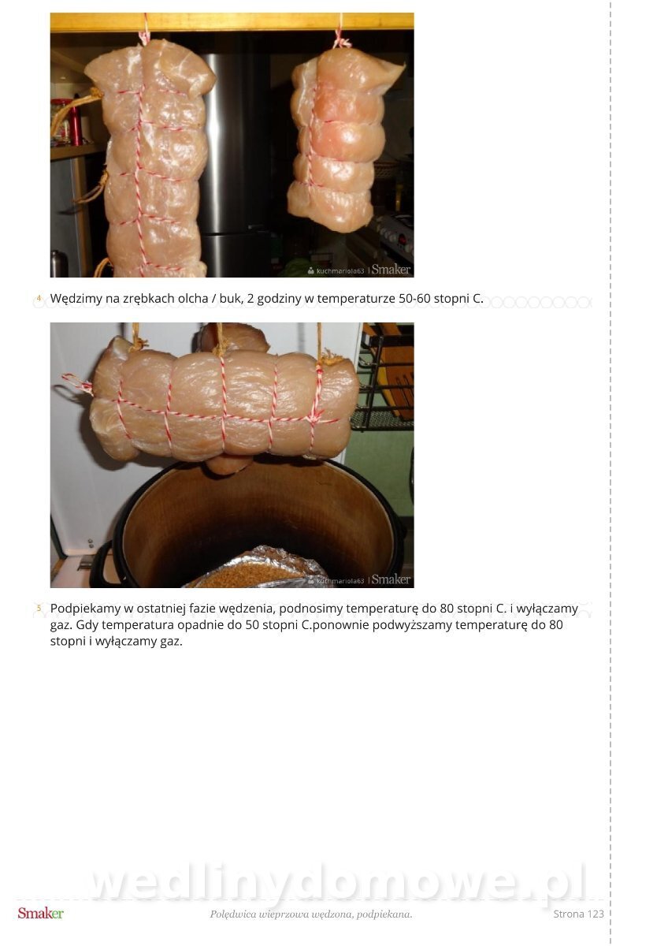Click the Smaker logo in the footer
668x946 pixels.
coord(40,914)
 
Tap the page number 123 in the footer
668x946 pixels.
coord(595,914)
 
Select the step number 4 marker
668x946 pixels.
coord(39,299)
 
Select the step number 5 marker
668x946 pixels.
coord(39,609)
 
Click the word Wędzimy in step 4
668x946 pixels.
coord(76,299)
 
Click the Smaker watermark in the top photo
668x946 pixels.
coord(391,270)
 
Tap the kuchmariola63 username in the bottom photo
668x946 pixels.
coord(340,581)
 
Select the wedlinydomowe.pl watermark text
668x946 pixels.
coord(338,881)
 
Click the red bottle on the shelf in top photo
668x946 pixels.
coord(76,122)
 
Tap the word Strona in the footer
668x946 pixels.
coord(569,914)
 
